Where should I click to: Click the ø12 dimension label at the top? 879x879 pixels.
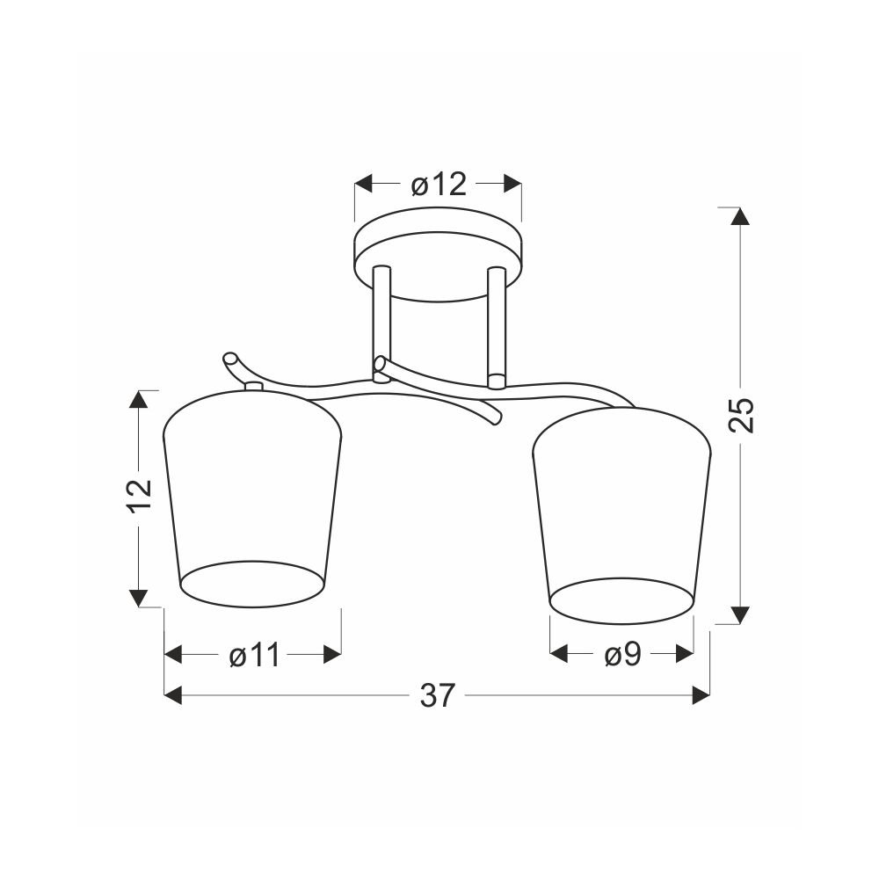tap(439, 185)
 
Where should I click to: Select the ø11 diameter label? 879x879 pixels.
tap(255, 655)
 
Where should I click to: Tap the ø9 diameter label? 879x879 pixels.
tap(623, 655)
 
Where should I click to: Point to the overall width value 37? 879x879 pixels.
tap(437, 695)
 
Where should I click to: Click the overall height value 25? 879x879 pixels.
tap(741, 415)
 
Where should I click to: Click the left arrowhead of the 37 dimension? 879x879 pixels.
tap(173, 695)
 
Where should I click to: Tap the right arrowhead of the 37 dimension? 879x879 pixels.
tap(701, 695)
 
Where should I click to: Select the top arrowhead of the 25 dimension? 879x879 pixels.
tap(741, 216)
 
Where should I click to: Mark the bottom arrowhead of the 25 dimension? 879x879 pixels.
tap(741, 615)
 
